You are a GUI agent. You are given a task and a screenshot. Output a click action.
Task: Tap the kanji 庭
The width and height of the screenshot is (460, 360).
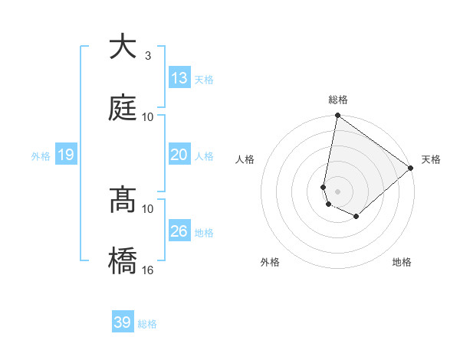[x=123, y=108]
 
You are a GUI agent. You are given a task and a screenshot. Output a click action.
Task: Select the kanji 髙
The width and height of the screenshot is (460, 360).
[x=123, y=200]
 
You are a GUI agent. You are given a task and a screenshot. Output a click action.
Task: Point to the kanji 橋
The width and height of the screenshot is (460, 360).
[x=123, y=261]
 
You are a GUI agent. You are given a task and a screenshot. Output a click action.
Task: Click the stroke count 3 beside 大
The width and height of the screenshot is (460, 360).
[x=147, y=56]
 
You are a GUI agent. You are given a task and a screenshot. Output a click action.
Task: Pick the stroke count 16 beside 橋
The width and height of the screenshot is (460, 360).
[x=148, y=270]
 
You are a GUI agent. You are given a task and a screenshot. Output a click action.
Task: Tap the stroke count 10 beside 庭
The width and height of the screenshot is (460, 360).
[x=148, y=116]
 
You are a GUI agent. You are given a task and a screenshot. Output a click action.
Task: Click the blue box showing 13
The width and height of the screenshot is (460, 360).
[x=179, y=78]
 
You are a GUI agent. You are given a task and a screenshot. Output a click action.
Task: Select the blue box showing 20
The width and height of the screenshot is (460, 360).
[x=179, y=155]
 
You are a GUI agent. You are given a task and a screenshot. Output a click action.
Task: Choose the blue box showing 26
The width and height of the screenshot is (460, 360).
[x=179, y=231]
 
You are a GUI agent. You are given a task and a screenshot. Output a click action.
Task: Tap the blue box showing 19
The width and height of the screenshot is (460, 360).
[x=65, y=155]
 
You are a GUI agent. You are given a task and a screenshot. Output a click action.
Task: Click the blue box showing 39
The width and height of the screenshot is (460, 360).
[x=122, y=322]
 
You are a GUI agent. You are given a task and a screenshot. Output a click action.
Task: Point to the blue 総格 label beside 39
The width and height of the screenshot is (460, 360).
[x=147, y=324]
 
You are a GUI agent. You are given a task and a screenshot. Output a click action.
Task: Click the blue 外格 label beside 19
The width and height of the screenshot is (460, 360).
[x=41, y=156]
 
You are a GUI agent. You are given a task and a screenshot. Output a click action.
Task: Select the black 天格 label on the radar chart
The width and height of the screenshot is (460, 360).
[x=431, y=159]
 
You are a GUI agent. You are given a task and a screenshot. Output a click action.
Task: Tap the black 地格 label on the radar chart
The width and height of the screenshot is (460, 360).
[x=402, y=263]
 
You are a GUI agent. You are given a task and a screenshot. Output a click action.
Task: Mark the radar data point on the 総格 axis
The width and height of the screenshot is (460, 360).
[x=337, y=116]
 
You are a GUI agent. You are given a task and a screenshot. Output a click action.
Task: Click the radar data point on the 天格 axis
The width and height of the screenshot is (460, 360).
[x=411, y=168]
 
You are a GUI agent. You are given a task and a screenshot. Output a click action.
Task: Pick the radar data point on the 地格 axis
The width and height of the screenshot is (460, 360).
[x=356, y=217]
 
